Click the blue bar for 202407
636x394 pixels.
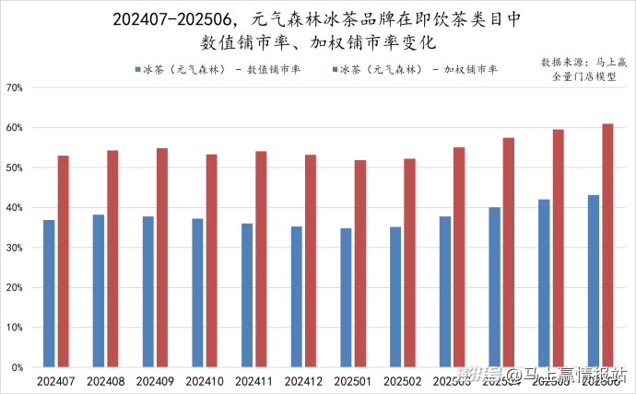pyautogui.click(x=49, y=293)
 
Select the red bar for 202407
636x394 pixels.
pyautogui.click(x=63, y=261)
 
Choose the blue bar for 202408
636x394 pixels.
pyautogui.click(x=98, y=290)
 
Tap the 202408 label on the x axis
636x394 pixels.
pyautogui.click(x=104, y=379)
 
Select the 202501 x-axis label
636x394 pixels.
pyautogui.click(x=352, y=379)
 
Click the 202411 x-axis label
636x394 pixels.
pyautogui.click(x=253, y=379)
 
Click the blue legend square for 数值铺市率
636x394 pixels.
pyautogui.click(x=137, y=69)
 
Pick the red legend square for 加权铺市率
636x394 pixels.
pyautogui.click(x=334, y=69)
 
